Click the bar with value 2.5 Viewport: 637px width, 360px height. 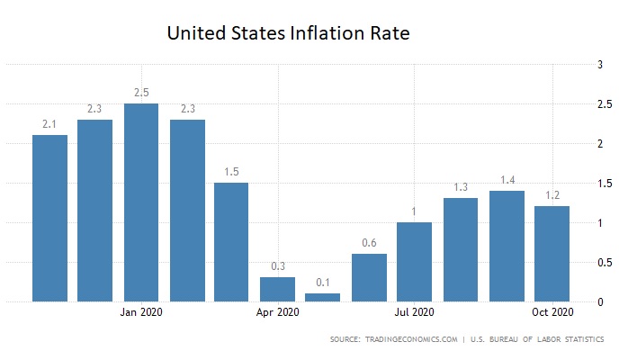coord(141,202)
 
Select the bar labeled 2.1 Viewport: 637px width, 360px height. coord(49,218)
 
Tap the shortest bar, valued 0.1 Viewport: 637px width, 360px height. coord(323,297)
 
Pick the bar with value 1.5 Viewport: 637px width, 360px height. coord(231,242)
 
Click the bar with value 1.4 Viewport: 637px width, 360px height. coord(507,246)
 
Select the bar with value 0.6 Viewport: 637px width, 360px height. coord(369,277)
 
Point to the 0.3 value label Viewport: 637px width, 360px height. coord(277,265)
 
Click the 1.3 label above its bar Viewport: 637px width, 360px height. coord(461,186)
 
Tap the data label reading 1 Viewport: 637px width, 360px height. coord(415,211)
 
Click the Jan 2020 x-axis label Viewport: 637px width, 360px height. coord(141,313)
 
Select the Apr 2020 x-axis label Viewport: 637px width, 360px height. coord(277,313)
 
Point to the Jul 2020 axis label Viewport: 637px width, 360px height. coord(415,313)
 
